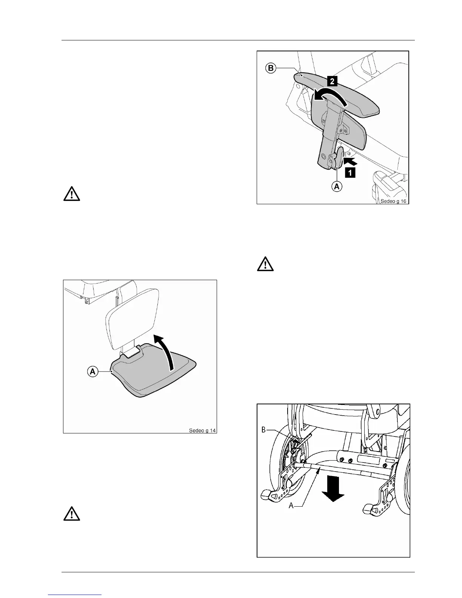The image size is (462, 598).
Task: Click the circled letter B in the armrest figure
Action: pyautogui.click(x=271, y=69)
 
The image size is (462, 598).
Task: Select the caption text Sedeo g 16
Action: pyautogui.click(x=393, y=201)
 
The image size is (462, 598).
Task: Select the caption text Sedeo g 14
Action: pyautogui.click(x=203, y=430)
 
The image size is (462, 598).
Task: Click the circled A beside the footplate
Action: pyautogui.click(x=92, y=371)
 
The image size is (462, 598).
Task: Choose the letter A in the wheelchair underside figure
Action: pyautogui.click(x=291, y=506)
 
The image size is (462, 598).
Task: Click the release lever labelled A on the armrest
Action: pyautogui.click(x=339, y=158)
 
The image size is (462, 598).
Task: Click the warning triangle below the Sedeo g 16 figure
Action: pyautogui.click(x=266, y=264)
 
